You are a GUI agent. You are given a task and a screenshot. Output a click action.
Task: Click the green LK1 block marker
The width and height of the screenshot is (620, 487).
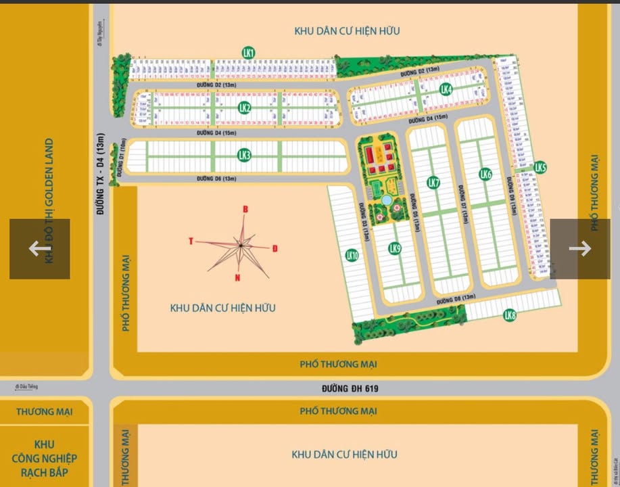coord(248,52)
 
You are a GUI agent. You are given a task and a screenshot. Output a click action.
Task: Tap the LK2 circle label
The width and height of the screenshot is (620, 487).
coord(245,108)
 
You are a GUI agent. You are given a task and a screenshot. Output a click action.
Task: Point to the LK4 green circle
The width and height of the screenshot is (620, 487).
coord(446,89)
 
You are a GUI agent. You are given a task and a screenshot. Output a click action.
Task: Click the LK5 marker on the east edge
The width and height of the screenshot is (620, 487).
coord(540,167)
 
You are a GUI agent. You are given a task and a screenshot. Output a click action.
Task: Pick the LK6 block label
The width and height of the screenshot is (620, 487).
coord(485,175)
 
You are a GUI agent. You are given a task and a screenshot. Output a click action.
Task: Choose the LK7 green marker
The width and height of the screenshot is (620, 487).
coord(433,183)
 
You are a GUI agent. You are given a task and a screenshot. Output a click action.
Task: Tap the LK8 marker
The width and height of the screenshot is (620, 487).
coord(510,315)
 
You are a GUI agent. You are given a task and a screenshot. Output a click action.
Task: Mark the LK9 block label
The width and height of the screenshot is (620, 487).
coord(395,249)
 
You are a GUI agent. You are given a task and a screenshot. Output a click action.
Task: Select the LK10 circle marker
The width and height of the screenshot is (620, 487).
coord(352,255)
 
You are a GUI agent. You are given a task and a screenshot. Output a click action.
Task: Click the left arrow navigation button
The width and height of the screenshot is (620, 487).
coord(39,248)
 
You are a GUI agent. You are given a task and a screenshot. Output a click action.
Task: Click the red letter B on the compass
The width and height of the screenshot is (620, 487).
coord(245,210)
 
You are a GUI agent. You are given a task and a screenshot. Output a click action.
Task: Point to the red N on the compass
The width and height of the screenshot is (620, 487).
coord(237,277)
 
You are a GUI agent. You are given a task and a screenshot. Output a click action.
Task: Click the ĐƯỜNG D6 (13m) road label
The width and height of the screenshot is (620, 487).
coord(216,179)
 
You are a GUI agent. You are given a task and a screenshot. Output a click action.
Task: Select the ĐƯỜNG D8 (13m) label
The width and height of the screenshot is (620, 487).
coord(456,298)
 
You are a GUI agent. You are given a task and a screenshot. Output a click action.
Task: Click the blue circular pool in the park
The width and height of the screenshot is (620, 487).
coord(386,201)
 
